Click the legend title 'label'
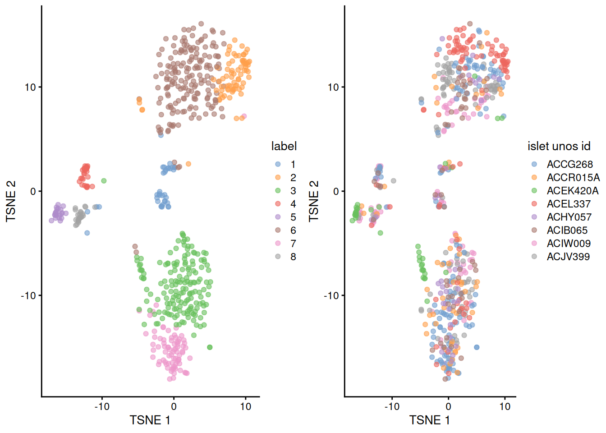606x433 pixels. [284, 146]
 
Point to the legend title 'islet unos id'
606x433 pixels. [559, 146]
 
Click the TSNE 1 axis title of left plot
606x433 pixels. [150, 420]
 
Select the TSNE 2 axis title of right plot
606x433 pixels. [314, 201]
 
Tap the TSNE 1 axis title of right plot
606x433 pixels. [430, 420]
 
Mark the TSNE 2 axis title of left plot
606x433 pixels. [11, 201]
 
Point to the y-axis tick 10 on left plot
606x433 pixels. [30, 87]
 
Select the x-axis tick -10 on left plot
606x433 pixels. [102, 406]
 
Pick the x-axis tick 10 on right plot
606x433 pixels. [505, 406]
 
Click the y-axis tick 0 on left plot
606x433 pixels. [33, 191]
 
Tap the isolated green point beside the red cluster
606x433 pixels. [104, 181]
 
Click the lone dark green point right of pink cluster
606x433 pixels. [210, 347]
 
